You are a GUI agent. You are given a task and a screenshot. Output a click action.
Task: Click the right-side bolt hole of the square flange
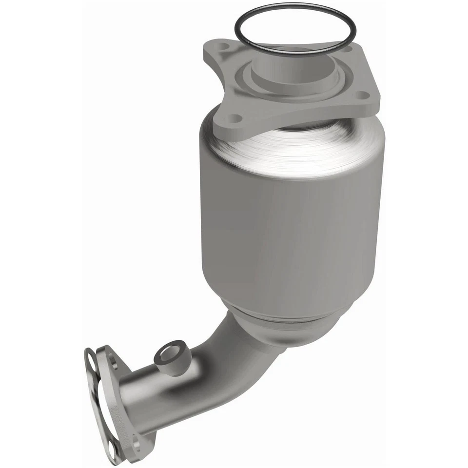pos(361,95)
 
